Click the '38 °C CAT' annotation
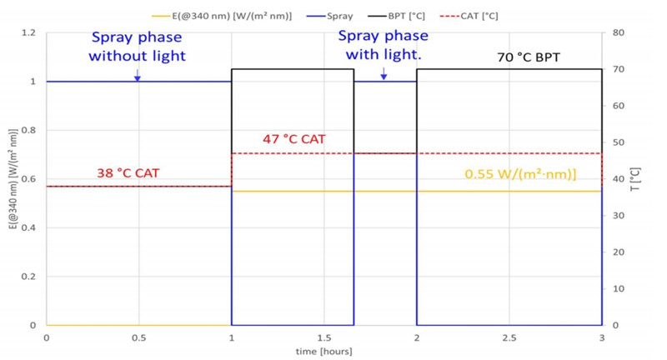pyautogui.click(x=128, y=173)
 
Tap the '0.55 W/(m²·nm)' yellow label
pyautogui.click(x=520, y=175)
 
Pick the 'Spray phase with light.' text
pyautogui.click(x=384, y=46)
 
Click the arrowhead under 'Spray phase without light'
pyautogui.click(x=138, y=78)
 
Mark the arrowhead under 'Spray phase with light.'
pyautogui.click(x=384, y=77)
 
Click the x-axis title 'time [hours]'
pyautogui.click(x=323, y=351)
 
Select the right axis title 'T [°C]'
pyautogui.click(x=638, y=179)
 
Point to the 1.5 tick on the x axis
pyautogui.click(x=323, y=337)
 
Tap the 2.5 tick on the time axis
pyautogui.click(x=509, y=337)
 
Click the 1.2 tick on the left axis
pyautogui.click(x=29, y=33)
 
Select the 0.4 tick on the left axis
pyautogui.click(x=29, y=227)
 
